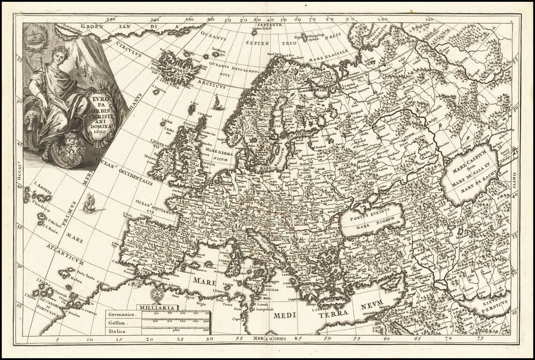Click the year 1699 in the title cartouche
[x=99, y=133]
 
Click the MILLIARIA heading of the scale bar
[x=157, y=307]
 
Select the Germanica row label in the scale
[x=121, y=315]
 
